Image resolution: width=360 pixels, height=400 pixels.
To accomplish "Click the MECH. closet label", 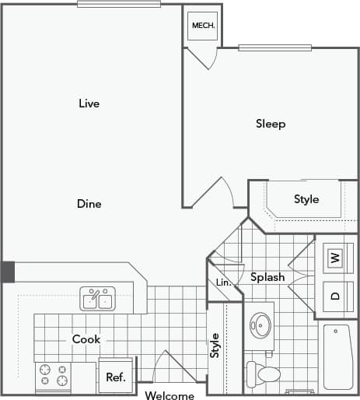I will (x=203, y=25).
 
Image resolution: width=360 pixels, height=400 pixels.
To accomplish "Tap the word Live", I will (x=89, y=104).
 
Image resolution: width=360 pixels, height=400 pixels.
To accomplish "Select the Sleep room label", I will (x=271, y=124).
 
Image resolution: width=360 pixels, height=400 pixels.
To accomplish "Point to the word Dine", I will (x=89, y=204).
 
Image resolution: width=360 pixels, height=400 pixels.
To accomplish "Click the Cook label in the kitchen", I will (x=86, y=339).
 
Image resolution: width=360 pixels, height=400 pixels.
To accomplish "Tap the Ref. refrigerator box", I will (x=116, y=377).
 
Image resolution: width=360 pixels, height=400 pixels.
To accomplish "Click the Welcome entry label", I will (x=170, y=395).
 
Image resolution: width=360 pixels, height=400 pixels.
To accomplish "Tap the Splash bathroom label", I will (x=267, y=277).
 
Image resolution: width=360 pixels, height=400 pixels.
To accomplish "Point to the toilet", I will (x=264, y=374).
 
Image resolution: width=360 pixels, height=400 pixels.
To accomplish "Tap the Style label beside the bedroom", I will (x=306, y=199).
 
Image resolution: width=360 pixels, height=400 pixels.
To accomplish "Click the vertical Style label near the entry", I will (x=215, y=346).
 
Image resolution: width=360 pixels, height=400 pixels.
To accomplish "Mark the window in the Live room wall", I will (x=119, y=4).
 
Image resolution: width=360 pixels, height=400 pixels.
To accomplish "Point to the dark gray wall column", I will (x=7, y=272).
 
